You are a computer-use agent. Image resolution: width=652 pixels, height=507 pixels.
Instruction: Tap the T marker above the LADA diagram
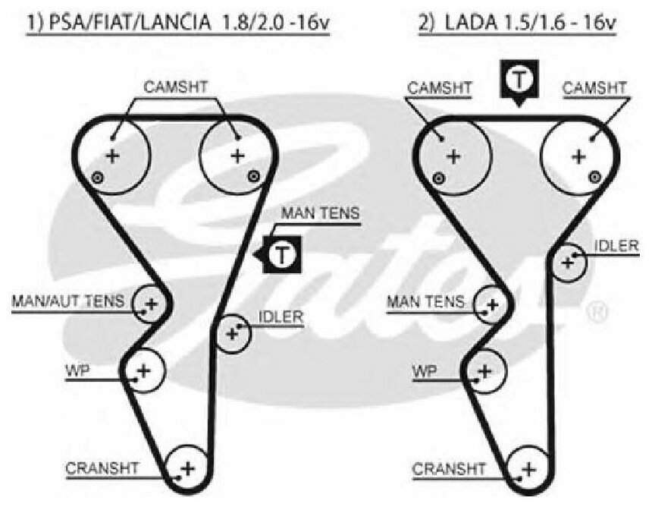coord(519,78)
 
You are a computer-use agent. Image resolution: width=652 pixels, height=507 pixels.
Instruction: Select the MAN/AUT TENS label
coord(67,301)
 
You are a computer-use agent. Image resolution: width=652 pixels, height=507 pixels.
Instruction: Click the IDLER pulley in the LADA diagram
coord(568,263)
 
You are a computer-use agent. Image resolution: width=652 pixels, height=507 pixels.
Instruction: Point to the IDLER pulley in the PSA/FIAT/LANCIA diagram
coord(232,332)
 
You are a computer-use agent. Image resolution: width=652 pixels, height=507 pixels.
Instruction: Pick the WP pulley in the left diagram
coord(143,370)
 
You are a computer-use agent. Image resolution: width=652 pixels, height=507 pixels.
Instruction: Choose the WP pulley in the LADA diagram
coord(485,370)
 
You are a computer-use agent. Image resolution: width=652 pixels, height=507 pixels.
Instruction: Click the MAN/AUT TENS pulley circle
coord(150,305)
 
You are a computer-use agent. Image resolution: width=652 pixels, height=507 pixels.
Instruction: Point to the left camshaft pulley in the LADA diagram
coord(453,156)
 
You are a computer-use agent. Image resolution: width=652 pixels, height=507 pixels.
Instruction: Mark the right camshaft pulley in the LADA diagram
coord(579,156)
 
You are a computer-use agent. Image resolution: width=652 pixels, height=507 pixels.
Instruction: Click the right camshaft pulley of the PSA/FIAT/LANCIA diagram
coord(237,156)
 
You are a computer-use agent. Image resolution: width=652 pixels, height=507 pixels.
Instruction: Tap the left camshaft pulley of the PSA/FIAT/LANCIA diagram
coord(112,156)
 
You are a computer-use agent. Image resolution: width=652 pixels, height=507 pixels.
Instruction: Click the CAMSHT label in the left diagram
coord(175,87)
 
